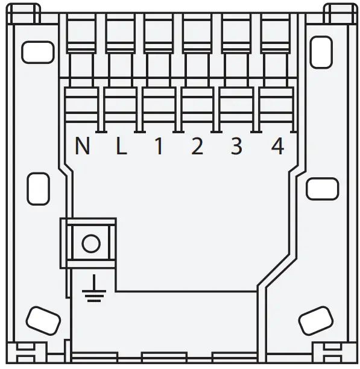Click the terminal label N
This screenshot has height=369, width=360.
tap(83, 147)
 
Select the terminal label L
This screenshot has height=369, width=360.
tap(121, 147)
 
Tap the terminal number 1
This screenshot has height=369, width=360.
tap(159, 147)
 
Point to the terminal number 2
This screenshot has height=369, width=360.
tap(197, 147)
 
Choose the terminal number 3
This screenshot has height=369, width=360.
tap(236, 147)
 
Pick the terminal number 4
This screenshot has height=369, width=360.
tap(277, 147)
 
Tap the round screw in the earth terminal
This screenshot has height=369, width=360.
tap(90, 244)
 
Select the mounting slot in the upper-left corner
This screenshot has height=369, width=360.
tap(37, 52)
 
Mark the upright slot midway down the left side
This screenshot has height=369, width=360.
tap(39, 188)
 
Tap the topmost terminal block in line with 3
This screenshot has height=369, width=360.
tap(238, 33)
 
